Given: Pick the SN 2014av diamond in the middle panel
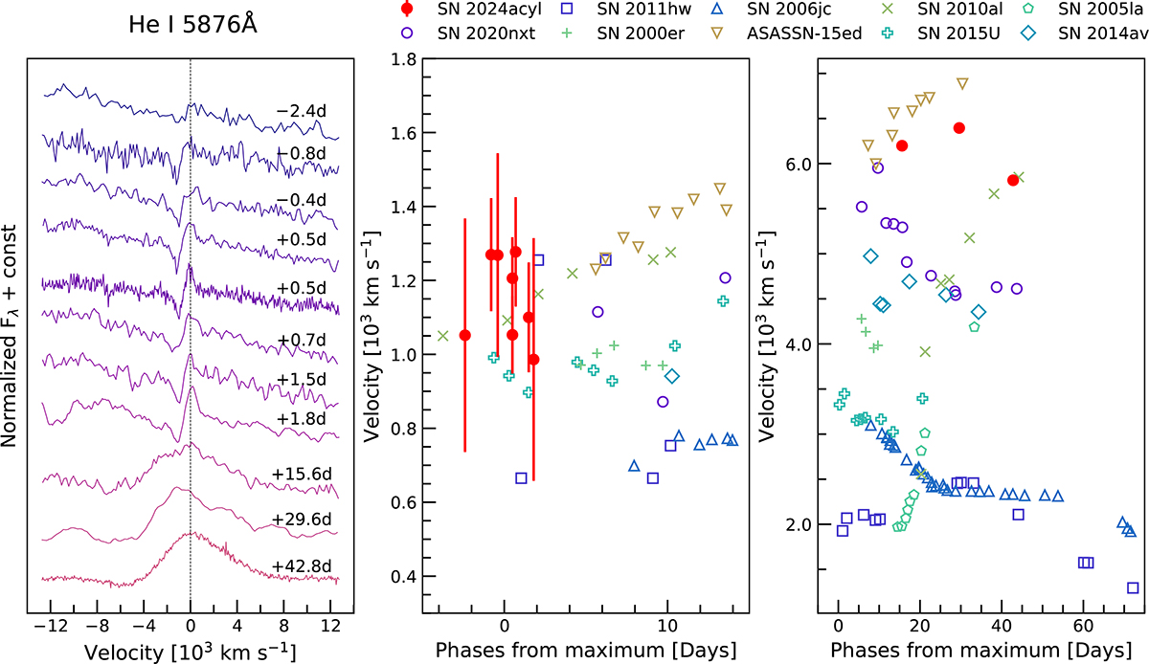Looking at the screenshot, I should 672,376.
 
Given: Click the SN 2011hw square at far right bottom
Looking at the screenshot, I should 1133,587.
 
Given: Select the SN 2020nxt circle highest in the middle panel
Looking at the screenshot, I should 725,277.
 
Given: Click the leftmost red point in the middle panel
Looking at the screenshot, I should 465,335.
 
